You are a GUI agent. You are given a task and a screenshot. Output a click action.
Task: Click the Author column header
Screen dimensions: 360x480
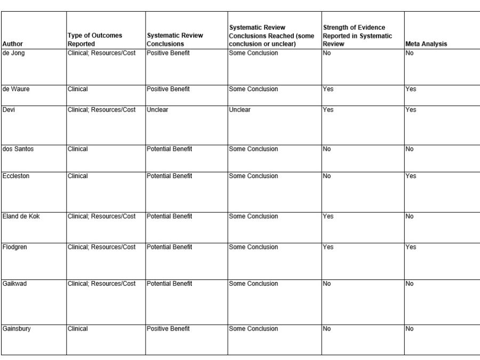tap(13, 44)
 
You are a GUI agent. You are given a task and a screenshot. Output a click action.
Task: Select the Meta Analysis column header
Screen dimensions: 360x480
tap(426, 44)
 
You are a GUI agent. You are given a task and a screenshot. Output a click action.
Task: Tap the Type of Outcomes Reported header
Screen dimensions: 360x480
tap(94, 39)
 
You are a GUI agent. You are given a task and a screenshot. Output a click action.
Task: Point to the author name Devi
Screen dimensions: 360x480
tap(9, 110)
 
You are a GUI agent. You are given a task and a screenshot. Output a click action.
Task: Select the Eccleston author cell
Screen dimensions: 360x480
tap(16, 176)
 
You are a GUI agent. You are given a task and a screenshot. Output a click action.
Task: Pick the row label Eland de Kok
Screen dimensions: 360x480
tap(21, 217)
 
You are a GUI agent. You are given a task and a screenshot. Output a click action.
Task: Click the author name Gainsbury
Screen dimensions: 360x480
tap(17, 329)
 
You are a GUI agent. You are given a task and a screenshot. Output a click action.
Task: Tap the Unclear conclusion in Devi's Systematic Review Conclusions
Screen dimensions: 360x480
tap(157, 110)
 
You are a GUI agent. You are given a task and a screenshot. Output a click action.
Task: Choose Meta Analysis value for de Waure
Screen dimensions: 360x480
tap(411, 89)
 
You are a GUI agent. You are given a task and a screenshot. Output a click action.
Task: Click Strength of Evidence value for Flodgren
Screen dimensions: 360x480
tap(328, 247)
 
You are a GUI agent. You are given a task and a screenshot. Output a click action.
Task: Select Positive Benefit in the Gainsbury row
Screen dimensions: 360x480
tap(168, 329)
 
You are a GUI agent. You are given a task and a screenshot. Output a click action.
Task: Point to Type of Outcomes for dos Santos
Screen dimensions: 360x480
tap(78, 149)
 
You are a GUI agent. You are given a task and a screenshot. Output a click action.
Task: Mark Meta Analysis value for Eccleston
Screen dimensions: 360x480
tap(411, 176)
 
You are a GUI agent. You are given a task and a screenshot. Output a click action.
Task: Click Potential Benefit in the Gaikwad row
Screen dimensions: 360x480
tap(169, 284)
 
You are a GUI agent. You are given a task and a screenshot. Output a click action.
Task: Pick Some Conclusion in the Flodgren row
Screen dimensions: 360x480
tap(253, 247)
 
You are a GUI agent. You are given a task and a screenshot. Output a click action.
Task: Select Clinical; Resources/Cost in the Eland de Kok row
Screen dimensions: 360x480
tap(102, 217)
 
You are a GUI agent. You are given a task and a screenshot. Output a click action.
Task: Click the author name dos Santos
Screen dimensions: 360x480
tap(18, 149)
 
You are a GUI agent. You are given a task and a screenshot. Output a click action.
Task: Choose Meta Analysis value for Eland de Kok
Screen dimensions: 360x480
tap(410, 217)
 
